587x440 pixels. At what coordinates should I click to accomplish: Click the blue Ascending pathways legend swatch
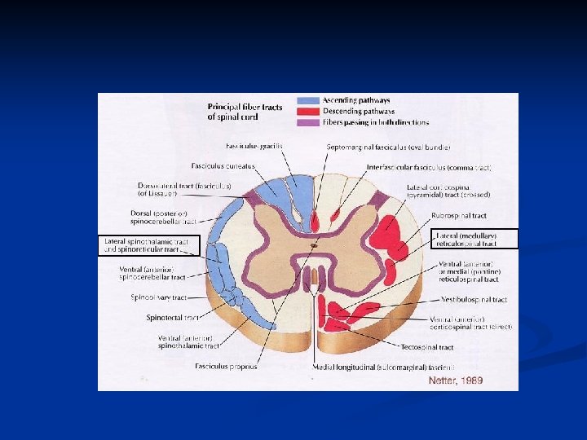[309, 101]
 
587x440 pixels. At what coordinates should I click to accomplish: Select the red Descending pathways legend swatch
[309, 112]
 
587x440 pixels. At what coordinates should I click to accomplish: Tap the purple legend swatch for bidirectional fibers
[309, 122]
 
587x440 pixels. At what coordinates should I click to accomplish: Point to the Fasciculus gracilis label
[254, 146]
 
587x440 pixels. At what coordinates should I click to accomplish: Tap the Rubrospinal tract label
[459, 216]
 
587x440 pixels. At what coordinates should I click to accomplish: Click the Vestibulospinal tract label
[474, 299]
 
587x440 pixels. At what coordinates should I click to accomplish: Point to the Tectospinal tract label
[427, 347]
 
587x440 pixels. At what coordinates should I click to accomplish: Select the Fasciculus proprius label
[226, 367]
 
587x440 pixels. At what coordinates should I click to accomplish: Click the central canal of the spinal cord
[314, 244]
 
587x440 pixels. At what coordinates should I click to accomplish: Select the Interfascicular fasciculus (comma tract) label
[429, 167]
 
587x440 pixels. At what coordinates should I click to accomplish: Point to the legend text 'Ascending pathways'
[356, 101]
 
